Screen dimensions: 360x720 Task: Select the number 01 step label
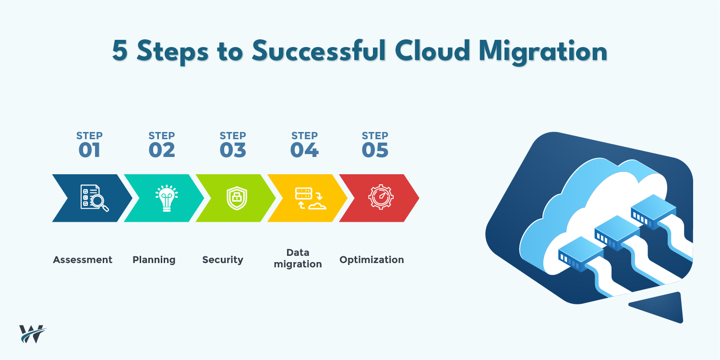point(89,150)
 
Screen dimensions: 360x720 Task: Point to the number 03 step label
point(233,150)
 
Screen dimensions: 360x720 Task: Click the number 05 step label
point(375,150)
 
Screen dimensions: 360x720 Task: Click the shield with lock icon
point(237,198)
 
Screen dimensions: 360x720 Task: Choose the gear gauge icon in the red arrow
point(381,198)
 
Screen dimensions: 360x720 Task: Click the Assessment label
point(83,260)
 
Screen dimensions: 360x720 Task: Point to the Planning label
point(154,260)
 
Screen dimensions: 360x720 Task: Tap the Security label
point(223,260)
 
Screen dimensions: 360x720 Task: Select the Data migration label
point(298,258)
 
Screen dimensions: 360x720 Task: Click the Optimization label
point(372,260)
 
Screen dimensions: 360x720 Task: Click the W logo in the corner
point(33,334)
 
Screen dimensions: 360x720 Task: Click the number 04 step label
point(304,150)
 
